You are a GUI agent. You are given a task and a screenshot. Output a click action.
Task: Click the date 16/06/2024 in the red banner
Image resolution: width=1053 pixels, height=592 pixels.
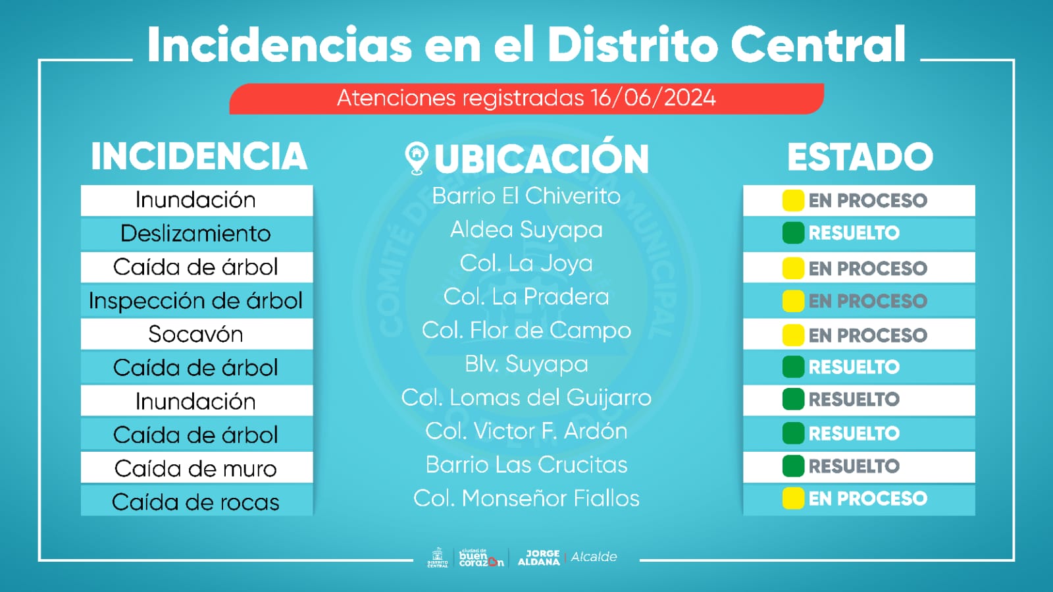click(653, 98)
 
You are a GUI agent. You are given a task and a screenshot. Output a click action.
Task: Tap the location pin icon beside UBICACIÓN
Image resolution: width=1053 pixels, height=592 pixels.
click(416, 159)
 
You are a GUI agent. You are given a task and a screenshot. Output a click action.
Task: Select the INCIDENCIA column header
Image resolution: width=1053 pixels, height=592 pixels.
click(199, 157)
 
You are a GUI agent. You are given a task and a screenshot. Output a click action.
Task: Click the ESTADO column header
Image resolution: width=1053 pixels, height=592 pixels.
click(860, 157)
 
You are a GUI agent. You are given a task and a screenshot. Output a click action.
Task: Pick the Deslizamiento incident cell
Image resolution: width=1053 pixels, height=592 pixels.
click(196, 234)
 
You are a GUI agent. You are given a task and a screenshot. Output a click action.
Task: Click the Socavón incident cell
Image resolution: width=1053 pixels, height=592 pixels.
click(196, 335)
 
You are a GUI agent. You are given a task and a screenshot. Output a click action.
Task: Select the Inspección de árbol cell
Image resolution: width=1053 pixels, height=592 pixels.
click(196, 301)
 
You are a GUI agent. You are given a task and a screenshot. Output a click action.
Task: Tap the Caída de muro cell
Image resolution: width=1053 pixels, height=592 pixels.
click(196, 469)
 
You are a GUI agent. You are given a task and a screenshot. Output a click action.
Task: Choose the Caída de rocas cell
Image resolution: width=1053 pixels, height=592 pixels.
click(196, 502)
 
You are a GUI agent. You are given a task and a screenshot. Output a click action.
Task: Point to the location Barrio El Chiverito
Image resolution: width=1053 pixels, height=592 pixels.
click(526, 196)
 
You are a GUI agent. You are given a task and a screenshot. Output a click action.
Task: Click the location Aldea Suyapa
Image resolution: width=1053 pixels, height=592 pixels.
click(526, 230)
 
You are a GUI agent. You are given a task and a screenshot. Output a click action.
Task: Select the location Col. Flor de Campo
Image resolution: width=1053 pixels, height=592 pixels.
click(526, 331)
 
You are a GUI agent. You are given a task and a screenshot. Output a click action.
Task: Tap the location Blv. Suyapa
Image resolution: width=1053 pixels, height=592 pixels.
click(526, 364)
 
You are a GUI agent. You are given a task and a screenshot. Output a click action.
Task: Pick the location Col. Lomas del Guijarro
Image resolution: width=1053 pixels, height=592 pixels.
click(526, 398)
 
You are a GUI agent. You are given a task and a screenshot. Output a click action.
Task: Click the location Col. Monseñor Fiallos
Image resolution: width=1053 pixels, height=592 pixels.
click(526, 498)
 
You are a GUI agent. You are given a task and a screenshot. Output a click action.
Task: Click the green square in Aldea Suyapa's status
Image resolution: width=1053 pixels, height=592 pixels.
click(793, 233)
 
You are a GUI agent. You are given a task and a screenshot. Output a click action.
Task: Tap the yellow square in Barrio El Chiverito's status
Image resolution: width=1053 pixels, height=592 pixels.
click(793, 200)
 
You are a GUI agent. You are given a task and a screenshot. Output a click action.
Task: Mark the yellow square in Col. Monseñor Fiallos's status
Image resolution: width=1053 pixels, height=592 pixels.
click(793, 498)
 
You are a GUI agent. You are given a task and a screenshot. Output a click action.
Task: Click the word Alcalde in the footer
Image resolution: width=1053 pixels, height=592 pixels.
click(594, 557)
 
